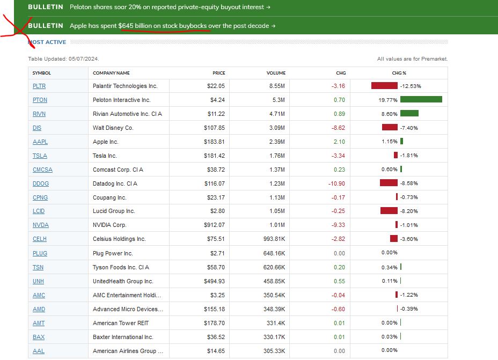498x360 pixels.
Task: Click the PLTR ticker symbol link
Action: pyautogui.click(x=39, y=86)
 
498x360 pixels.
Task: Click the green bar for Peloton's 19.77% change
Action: pyautogui.click(x=421, y=99)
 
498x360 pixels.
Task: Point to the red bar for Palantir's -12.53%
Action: pyautogui.click(x=384, y=86)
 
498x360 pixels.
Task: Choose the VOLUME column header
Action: pyautogui.click(x=276, y=73)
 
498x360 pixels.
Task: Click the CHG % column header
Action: pyautogui.click(x=399, y=73)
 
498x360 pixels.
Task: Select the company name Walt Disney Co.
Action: pyautogui.click(x=113, y=128)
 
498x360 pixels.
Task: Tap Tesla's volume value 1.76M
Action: pyautogui.click(x=276, y=156)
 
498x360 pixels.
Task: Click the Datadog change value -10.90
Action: pyautogui.click(x=337, y=183)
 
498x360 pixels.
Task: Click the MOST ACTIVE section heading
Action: pyautogui.click(x=47, y=42)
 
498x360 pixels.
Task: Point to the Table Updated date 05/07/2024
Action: pyautogui.click(x=83, y=58)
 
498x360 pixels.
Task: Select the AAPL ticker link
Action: pyautogui.click(x=40, y=142)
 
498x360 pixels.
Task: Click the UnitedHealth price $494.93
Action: pyautogui.click(x=215, y=281)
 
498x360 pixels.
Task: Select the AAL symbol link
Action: pyautogui.click(x=39, y=351)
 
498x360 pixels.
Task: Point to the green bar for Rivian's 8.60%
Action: pyautogui.click(x=409, y=114)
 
